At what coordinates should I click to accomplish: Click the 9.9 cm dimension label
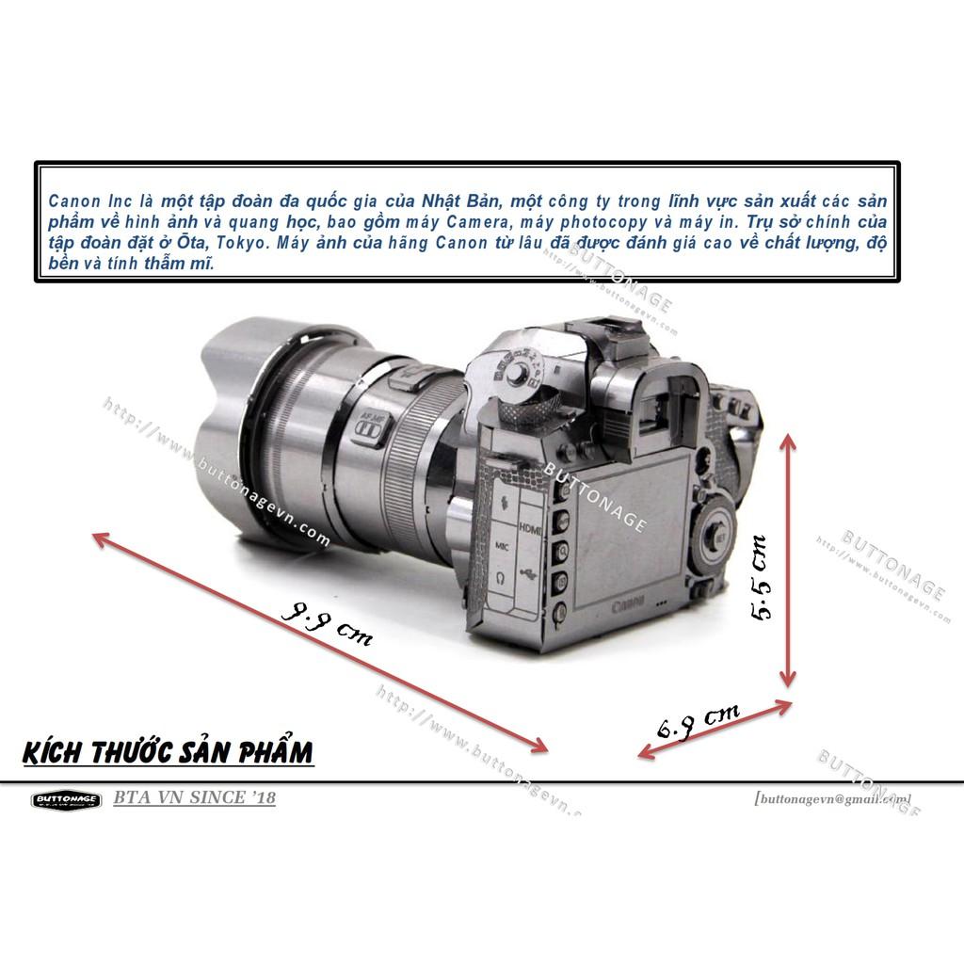(x=326, y=622)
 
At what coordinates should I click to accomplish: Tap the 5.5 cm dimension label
(x=761, y=577)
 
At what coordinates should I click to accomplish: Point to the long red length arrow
(x=320, y=643)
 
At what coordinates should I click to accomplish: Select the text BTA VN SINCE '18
(x=195, y=798)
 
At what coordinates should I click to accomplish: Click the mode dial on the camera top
(x=518, y=367)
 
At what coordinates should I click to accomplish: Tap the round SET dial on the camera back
(x=715, y=538)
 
